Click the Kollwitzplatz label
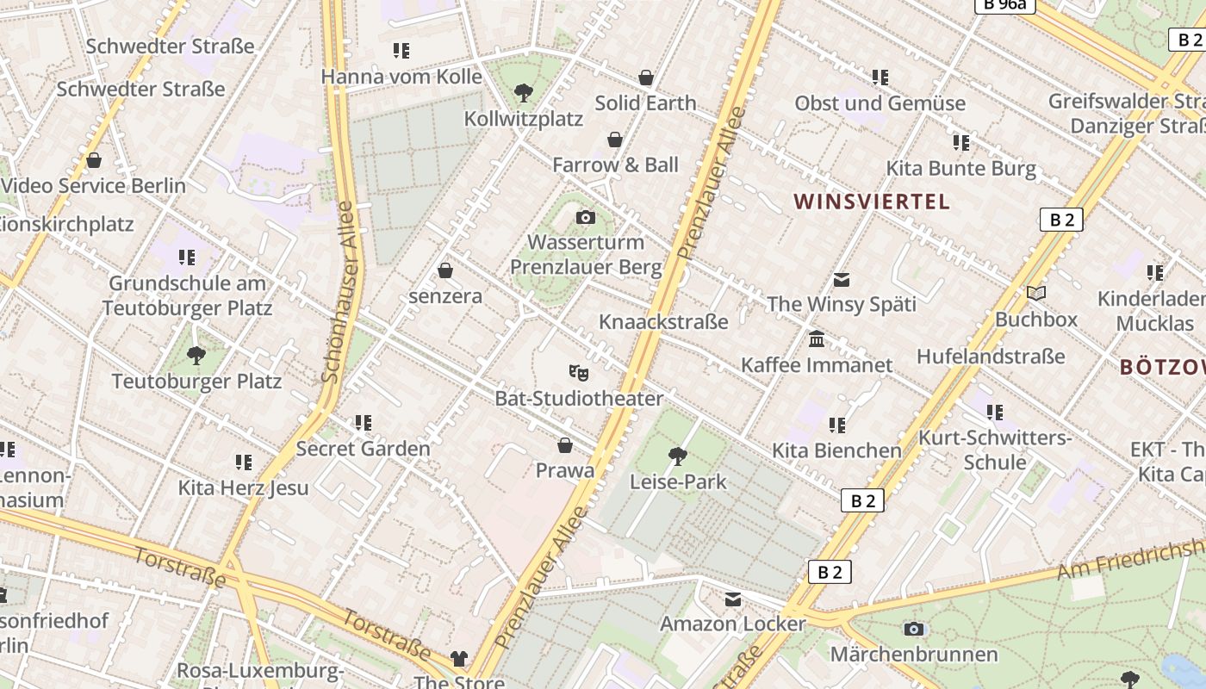click(524, 119)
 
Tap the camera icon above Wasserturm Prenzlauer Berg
click(586, 217)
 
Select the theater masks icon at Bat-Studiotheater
click(579, 373)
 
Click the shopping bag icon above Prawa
click(565, 445)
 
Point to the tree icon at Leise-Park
click(678, 456)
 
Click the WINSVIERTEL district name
click(872, 202)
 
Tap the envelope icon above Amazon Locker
click(733, 599)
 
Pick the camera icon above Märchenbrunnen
click(914, 630)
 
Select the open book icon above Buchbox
click(1036, 294)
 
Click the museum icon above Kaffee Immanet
click(817, 339)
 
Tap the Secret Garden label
click(363, 449)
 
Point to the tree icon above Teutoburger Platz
click(196, 355)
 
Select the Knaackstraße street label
click(663, 322)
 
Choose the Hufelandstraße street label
click(991, 357)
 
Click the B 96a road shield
click(1004, 4)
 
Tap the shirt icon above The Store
click(459, 659)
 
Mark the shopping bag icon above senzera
click(445, 270)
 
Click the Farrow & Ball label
click(615, 164)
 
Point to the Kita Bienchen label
click(836, 450)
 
